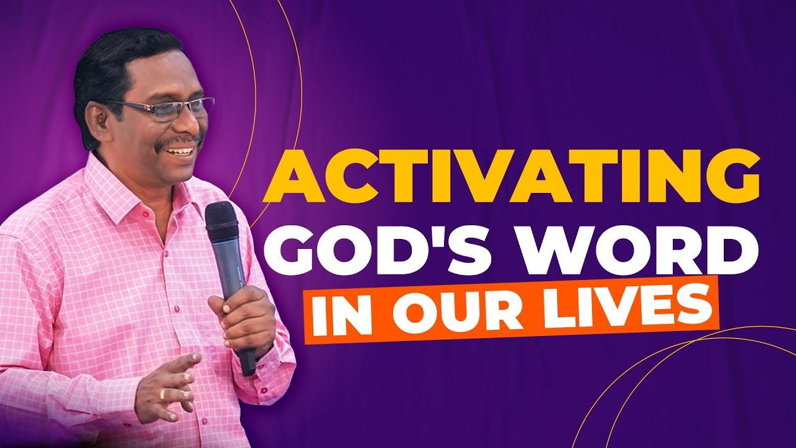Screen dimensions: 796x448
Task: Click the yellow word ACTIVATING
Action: [x=511, y=175]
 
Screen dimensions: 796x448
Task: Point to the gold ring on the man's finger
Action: [x=162, y=394]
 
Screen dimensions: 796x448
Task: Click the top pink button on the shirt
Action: [x=145, y=215]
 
